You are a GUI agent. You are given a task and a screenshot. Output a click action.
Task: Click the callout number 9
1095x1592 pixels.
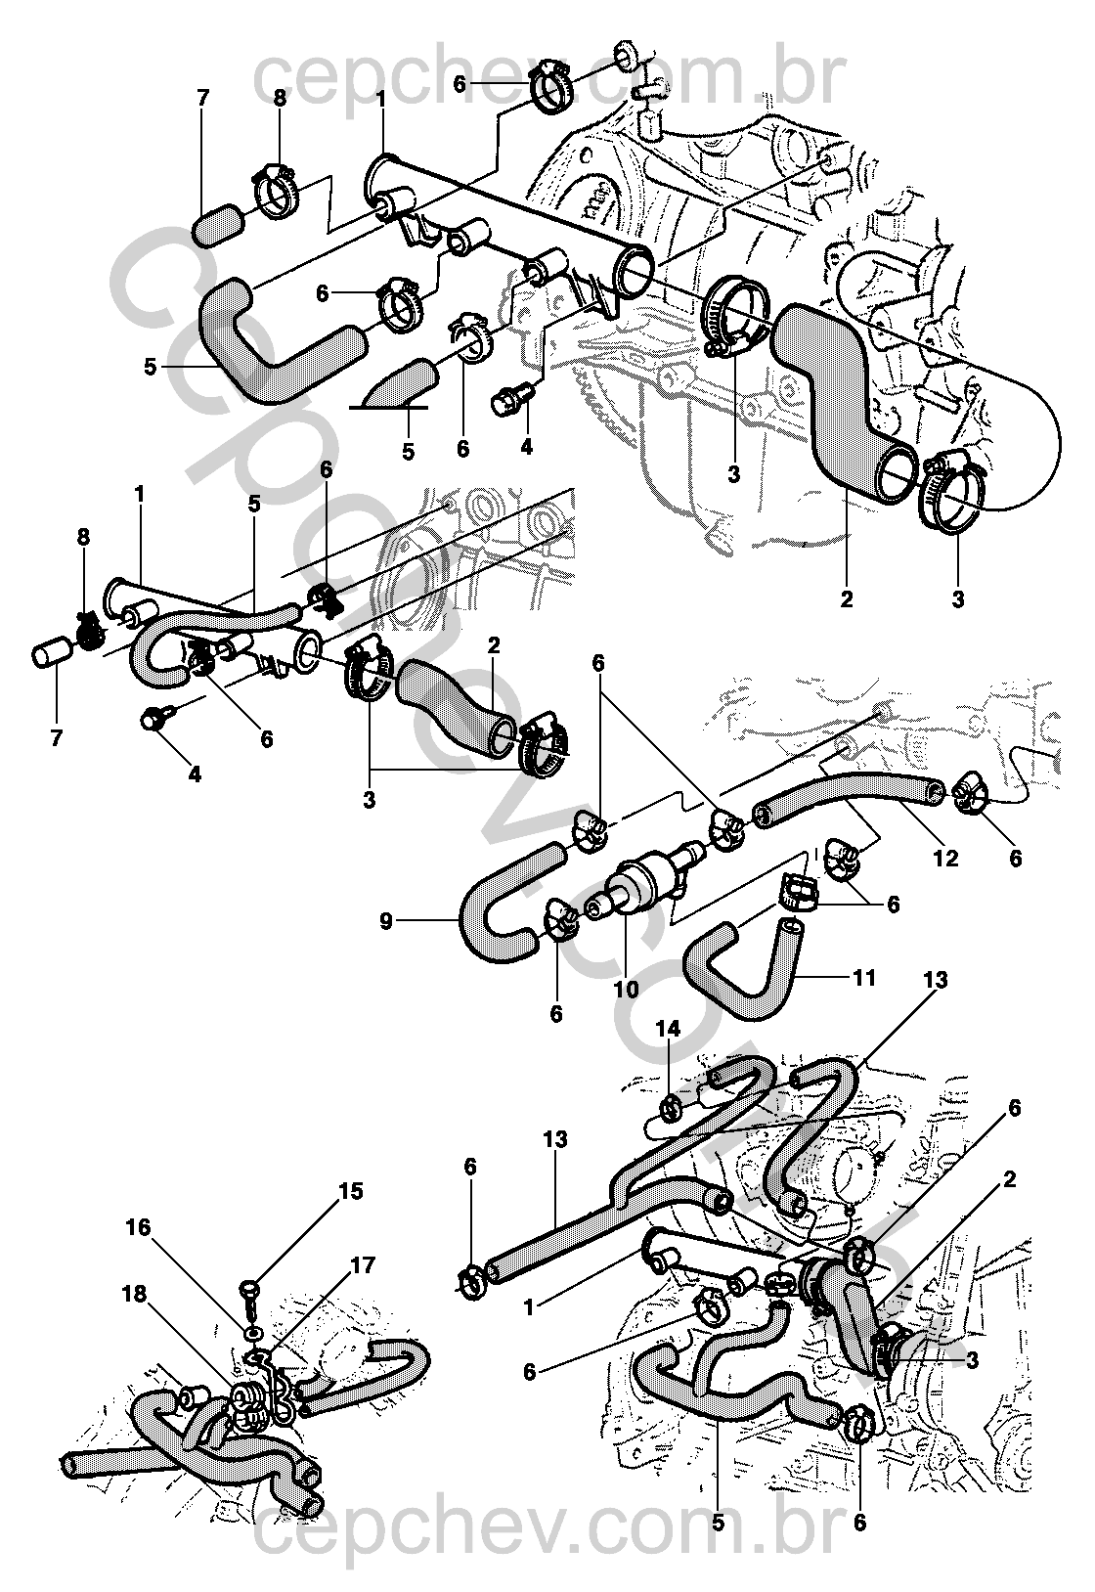pyautogui.click(x=386, y=922)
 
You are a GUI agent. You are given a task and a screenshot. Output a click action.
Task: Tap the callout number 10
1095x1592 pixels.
pyautogui.click(x=626, y=989)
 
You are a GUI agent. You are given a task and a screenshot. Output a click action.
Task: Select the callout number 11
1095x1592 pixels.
pyautogui.click(x=863, y=977)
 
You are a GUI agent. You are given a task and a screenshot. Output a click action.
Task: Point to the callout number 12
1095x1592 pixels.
pyautogui.click(x=945, y=858)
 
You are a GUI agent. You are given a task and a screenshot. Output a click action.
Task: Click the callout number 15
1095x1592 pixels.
pyautogui.click(x=350, y=1190)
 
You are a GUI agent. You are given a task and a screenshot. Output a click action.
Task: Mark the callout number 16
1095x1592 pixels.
pyautogui.click(x=139, y=1227)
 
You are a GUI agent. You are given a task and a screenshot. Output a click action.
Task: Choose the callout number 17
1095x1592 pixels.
pyautogui.click(x=363, y=1265)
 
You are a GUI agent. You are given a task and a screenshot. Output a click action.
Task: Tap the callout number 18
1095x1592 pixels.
pyautogui.click(x=134, y=1294)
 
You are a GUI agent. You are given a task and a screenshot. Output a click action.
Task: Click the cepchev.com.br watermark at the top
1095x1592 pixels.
pyautogui.click(x=549, y=79)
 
